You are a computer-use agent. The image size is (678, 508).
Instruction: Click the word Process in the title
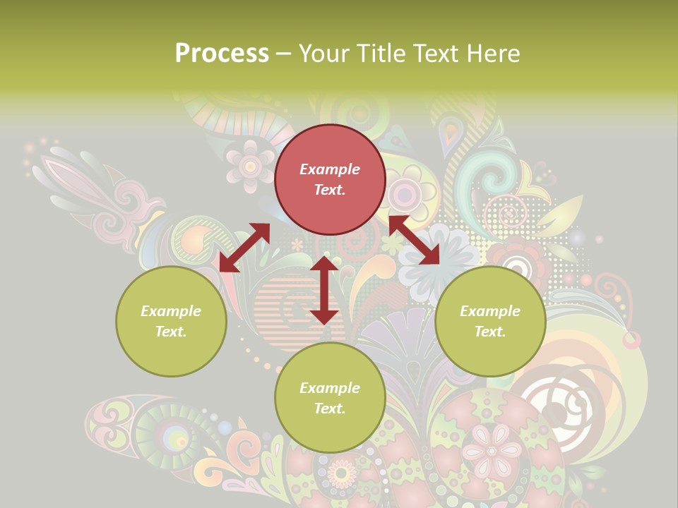222,54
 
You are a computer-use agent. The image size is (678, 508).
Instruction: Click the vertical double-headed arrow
324,290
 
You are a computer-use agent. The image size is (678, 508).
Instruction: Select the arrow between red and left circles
244,247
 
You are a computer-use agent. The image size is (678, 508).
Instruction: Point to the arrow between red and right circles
414,240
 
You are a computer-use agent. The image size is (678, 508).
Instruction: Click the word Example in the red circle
330,169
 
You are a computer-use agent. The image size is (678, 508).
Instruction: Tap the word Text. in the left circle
171,332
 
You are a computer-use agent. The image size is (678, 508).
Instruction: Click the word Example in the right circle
490,311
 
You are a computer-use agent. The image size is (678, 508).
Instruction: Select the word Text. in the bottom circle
330,409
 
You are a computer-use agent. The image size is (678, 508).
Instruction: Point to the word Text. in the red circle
330,190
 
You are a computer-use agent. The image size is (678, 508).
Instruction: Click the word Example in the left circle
171,311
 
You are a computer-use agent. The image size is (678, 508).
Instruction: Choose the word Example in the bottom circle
330,388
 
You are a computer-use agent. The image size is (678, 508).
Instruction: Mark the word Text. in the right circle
490,332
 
